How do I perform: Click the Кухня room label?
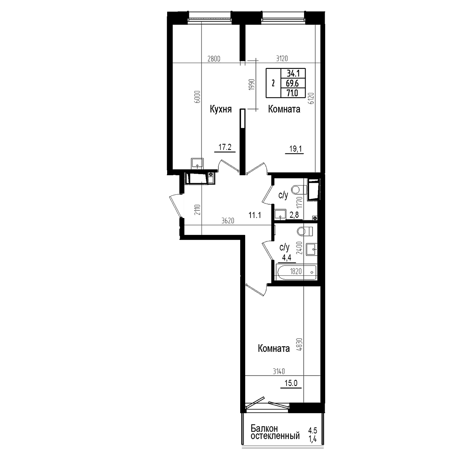pos(221,109)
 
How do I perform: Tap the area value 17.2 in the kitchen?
pos(58,147)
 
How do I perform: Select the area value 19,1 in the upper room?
pos(295,149)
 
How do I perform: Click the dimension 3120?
pos(282,59)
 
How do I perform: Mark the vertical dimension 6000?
pos(197,97)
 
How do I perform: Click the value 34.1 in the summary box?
pos(293,73)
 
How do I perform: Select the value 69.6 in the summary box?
pos(293,83)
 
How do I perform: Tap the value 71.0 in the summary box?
pos(293,93)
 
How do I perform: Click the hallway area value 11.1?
pos(255,215)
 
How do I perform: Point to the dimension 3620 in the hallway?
pos(228,221)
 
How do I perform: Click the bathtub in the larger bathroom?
pos(296,272)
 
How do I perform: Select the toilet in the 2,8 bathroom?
pos(299,190)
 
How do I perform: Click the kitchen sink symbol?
pos(197,163)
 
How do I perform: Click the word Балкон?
pos(264,435)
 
